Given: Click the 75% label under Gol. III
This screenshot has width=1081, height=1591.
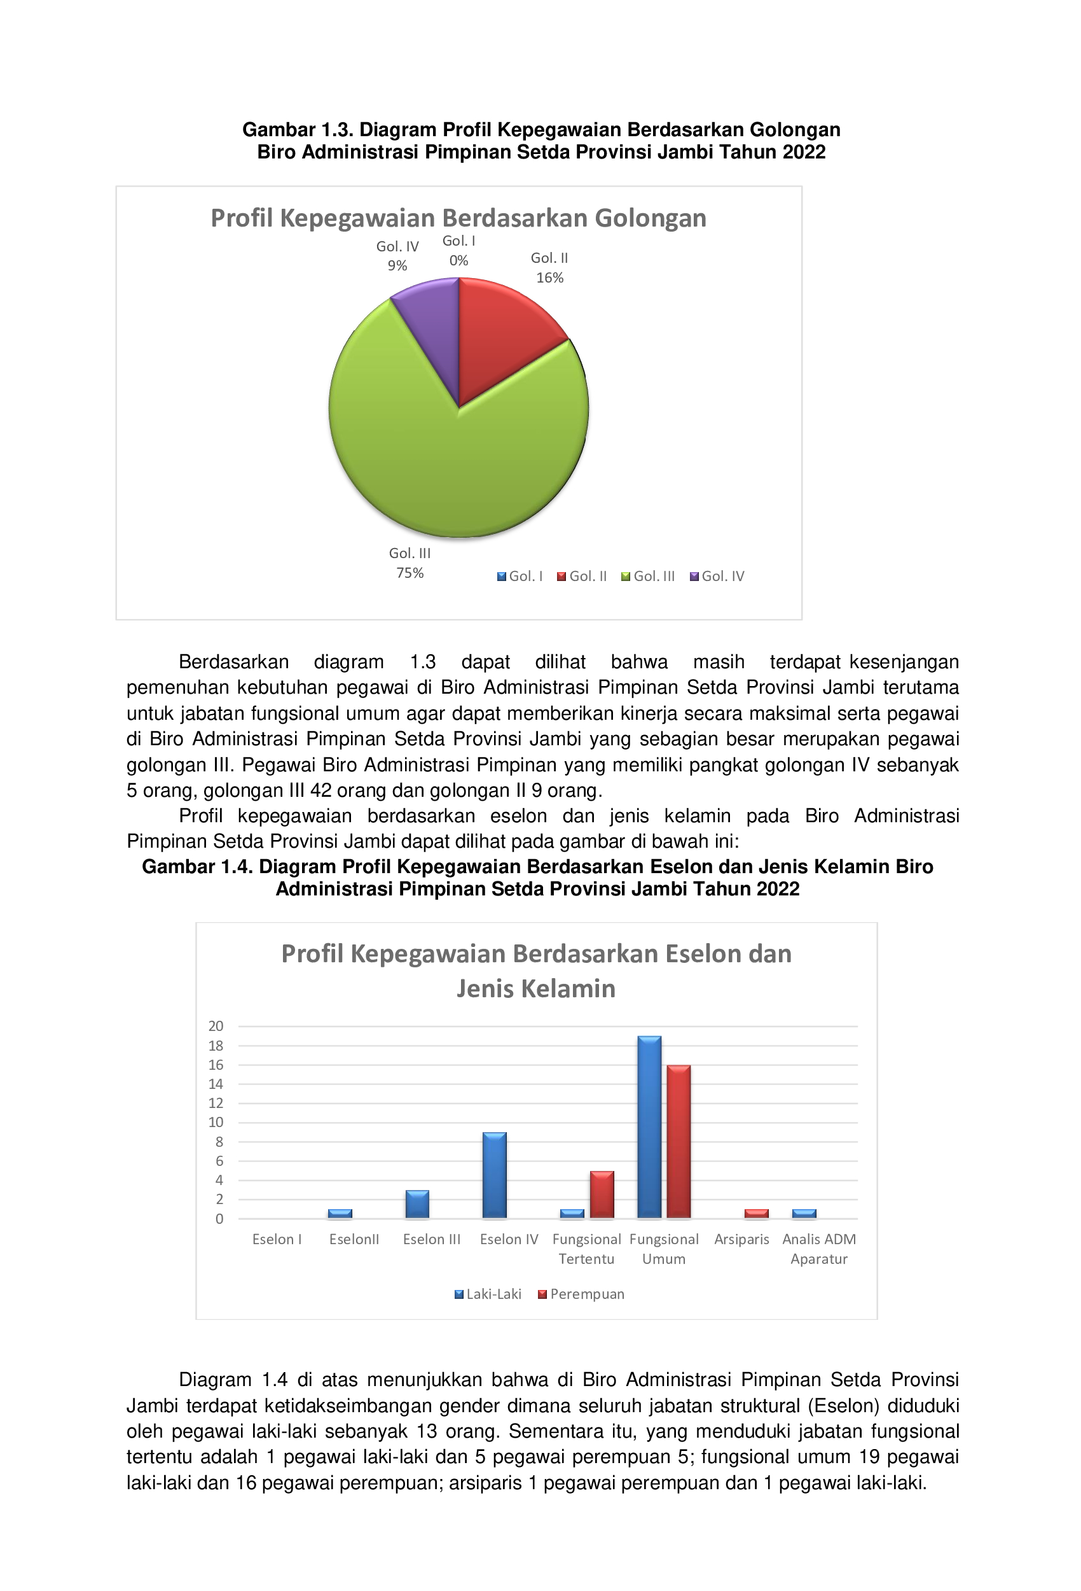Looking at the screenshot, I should point(410,573).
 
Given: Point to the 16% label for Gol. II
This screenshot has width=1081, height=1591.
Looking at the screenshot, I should point(549,278).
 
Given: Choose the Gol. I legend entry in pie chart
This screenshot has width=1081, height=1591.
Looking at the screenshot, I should point(520,577).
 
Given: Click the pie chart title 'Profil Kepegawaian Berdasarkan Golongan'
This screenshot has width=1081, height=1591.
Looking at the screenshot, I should point(458,218).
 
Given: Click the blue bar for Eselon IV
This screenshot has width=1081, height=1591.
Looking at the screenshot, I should point(495,1175).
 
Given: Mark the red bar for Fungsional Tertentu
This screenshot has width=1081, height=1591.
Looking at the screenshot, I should point(602,1195).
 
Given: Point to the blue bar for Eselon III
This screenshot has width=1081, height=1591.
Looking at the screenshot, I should point(417,1204).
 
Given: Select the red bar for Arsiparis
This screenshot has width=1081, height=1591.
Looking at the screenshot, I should point(756,1214).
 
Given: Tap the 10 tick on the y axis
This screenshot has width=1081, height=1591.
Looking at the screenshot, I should point(216,1122).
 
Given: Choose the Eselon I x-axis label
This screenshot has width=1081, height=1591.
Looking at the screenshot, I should point(277,1239).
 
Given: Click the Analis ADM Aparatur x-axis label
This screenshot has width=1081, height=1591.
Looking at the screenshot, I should point(819,1249).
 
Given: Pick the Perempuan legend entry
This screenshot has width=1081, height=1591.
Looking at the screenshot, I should point(582,1294).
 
